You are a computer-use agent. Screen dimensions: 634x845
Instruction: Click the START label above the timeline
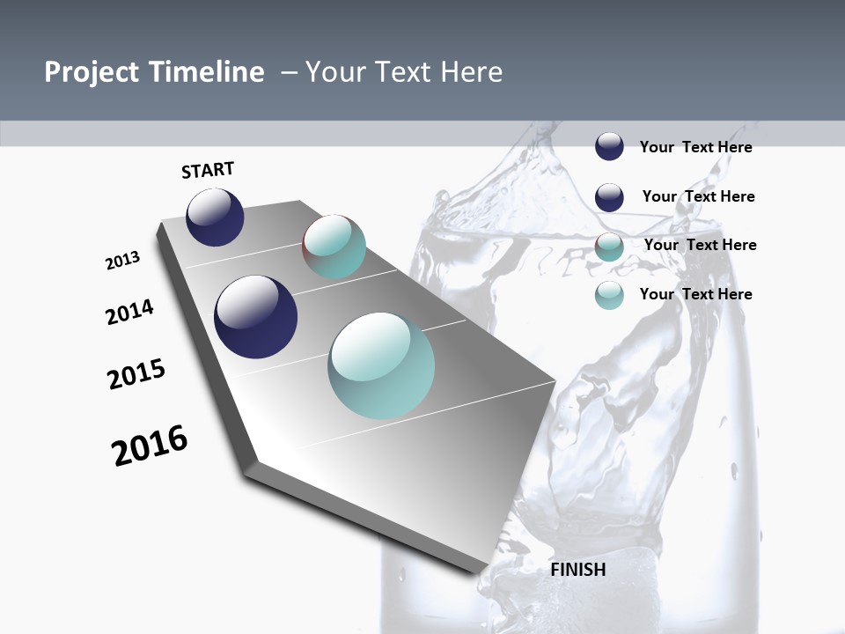[x=208, y=170]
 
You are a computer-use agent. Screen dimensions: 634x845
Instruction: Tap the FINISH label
[x=578, y=570]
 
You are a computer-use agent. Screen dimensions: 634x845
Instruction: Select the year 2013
[x=122, y=261]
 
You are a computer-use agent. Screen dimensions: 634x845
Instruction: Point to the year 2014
[x=129, y=313]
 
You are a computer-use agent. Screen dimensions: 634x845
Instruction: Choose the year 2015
[x=136, y=374]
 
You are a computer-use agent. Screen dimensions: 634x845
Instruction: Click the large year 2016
[x=150, y=446]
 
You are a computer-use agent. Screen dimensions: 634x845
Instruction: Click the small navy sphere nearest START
[x=215, y=217]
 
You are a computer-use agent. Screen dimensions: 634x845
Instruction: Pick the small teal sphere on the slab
[x=334, y=247]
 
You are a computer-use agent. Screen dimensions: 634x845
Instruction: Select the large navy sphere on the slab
[x=255, y=317]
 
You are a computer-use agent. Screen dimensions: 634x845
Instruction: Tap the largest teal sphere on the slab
[x=381, y=365]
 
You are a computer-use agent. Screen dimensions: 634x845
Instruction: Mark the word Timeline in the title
[x=207, y=72]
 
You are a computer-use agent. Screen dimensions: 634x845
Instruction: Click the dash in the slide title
[x=289, y=73]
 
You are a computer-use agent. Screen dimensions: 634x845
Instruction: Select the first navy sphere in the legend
[x=609, y=147]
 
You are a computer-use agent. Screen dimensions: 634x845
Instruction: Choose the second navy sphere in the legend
[x=609, y=197]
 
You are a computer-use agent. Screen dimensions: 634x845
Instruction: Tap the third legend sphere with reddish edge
[x=609, y=247]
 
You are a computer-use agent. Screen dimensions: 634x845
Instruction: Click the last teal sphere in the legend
[x=609, y=295]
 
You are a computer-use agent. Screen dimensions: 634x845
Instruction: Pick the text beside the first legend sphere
[x=695, y=147]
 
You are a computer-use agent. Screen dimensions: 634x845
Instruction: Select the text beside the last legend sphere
[x=695, y=294]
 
